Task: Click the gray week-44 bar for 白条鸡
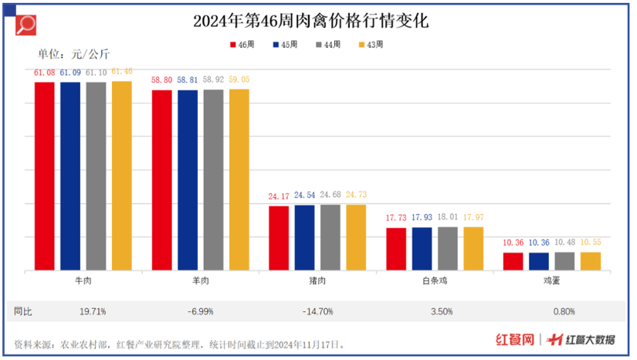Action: tap(447, 248)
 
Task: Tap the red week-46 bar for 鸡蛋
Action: tap(513, 261)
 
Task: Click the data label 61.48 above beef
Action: tap(121, 72)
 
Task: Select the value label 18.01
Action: tap(448, 218)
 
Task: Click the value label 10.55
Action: tap(590, 243)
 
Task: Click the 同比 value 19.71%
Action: tap(93, 311)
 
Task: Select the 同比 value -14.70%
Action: tap(317, 311)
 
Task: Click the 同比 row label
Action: tap(24, 311)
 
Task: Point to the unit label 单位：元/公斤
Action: tap(74, 54)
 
